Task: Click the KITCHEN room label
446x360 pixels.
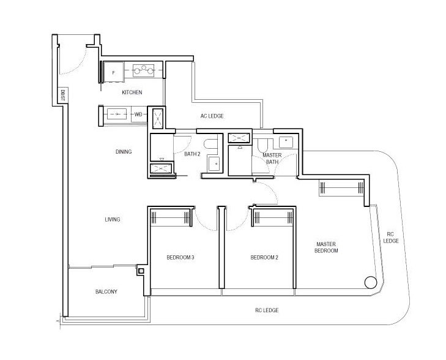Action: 132,92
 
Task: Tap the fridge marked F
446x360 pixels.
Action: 114,72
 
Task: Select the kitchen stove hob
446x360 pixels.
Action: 144,70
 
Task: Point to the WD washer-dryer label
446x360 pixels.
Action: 138,114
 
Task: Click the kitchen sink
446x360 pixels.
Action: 117,114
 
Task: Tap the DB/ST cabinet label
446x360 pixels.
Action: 63,95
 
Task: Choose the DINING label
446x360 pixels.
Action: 124,152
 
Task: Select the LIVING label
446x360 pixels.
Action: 113,219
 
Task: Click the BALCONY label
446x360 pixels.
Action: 106,291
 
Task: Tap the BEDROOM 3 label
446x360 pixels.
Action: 180,258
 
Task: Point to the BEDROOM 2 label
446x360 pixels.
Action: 264,258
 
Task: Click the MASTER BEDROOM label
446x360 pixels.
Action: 326,247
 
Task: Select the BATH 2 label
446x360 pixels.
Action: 192,154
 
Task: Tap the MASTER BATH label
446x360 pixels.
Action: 272,159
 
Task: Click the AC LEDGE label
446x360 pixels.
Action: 212,116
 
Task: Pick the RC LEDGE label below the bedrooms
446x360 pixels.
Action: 267,310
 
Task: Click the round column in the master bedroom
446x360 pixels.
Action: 371,282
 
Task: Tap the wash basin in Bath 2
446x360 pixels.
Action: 214,163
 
